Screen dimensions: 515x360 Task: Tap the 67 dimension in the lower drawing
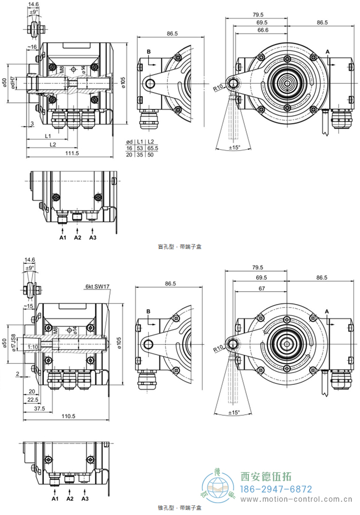click(262, 289)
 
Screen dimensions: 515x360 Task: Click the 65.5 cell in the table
click(152, 148)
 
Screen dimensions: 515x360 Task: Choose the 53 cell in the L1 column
click(139, 148)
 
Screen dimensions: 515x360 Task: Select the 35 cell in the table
click(139, 154)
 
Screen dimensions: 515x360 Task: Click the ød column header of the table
click(130, 141)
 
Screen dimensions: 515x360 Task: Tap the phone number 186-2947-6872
click(277, 489)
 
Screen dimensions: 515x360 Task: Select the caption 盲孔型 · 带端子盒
click(180, 247)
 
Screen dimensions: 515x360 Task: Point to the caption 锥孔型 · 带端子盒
click(180, 508)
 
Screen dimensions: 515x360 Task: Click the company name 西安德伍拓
click(266, 476)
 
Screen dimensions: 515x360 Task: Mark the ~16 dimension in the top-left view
click(32, 47)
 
